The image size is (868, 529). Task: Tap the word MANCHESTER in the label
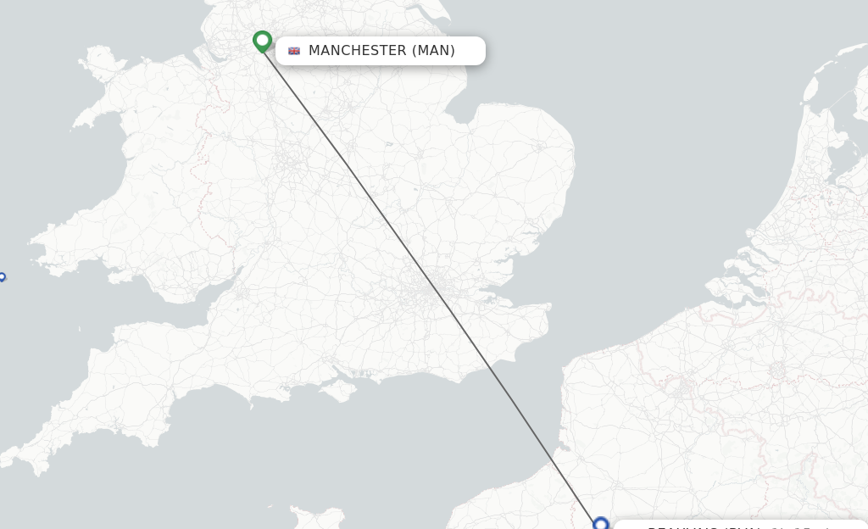click(357, 51)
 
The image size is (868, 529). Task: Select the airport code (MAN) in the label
click(433, 51)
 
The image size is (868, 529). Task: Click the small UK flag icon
click(294, 51)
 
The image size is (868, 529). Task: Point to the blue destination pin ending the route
click(601, 524)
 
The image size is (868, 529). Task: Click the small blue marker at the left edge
click(2, 276)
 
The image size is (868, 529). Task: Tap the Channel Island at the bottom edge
click(318, 515)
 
